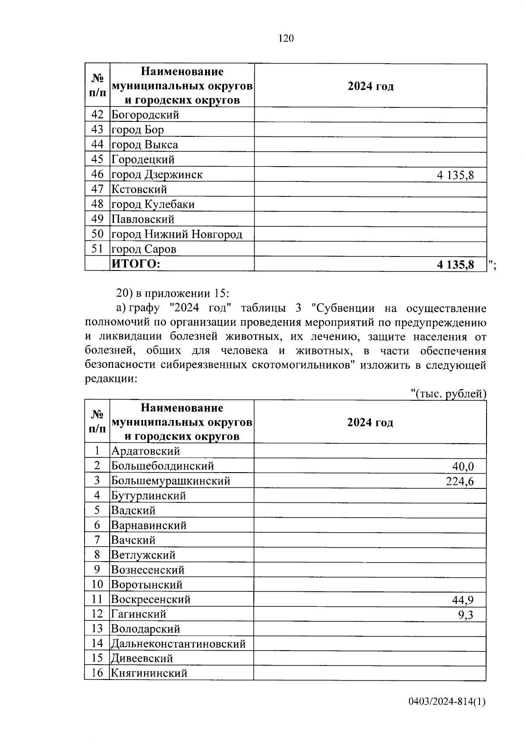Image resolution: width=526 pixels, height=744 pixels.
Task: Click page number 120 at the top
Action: (x=286, y=39)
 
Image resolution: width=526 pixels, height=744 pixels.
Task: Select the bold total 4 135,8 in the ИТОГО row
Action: (x=455, y=265)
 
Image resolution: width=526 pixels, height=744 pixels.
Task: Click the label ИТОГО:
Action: (x=136, y=264)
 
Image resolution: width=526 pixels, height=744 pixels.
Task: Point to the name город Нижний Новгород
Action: (x=177, y=235)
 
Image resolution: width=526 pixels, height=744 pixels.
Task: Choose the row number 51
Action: (x=97, y=249)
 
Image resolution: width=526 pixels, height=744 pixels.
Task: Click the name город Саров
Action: (x=144, y=249)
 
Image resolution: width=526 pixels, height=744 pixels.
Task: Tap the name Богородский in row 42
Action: (x=145, y=115)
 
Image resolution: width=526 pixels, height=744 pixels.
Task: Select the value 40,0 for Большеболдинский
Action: (x=463, y=466)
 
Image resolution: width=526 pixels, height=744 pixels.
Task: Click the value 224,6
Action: (x=459, y=481)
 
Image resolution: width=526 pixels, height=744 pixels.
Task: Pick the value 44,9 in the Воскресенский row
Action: (x=462, y=600)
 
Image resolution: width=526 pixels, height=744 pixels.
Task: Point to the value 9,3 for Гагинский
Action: (x=466, y=615)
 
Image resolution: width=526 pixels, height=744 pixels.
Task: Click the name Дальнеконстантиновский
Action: (x=178, y=644)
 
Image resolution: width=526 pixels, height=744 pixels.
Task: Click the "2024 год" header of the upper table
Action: (x=370, y=86)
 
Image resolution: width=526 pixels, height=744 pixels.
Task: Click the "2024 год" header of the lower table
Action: (x=370, y=423)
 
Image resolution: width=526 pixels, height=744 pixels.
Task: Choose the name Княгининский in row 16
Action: (x=149, y=673)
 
